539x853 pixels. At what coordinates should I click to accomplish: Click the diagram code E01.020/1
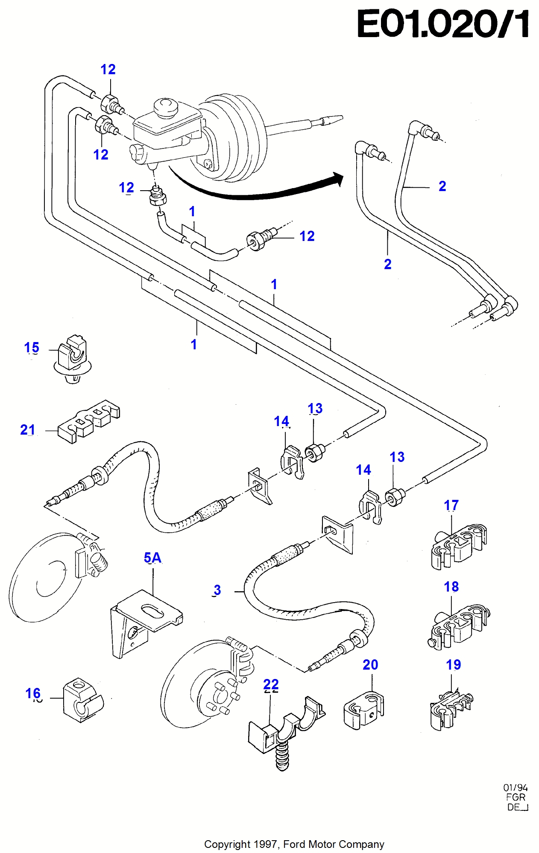pyautogui.click(x=442, y=24)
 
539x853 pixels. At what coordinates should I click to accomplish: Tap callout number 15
pyautogui.click(x=32, y=348)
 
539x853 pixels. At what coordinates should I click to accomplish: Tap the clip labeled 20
pyautogui.click(x=363, y=710)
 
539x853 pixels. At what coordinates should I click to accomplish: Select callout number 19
pyautogui.click(x=453, y=664)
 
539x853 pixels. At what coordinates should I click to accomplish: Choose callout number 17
pyautogui.click(x=451, y=505)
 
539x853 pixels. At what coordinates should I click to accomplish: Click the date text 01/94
pyautogui.click(x=515, y=788)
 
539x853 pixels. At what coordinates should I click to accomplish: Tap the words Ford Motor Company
pyautogui.click(x=334, y=844)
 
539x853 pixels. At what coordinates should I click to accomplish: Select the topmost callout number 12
pyautogui.click(x=108, y=70)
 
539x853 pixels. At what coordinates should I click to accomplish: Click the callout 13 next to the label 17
pyautogui.click(x=397, y=457)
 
